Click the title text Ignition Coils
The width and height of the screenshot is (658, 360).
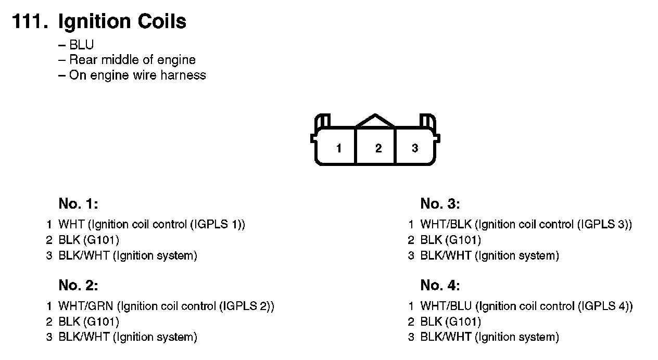click(x=122, y=22)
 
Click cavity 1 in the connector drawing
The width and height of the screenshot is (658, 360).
click(x=339, y=148)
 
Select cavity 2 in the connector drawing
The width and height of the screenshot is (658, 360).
click(x=378, y=148)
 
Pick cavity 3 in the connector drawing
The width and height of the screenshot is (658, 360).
click(x=415, y=148)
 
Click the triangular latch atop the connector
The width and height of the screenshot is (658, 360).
click(x=375, y=121)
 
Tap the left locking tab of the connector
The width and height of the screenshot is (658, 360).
click(x=323, y=120)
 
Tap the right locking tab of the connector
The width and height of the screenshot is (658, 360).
click(x=428, y=120)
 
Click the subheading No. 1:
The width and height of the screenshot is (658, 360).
click(x=78, y=203)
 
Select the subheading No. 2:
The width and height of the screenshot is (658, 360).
click(x=78, y=285)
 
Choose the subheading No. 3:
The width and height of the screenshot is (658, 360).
click(x=440, y=203)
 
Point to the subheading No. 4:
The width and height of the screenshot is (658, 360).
click(x=440, y=285)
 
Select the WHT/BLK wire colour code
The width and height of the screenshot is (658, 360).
click(x=446, y=225)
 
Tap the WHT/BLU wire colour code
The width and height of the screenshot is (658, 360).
click(x=446, y=306)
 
